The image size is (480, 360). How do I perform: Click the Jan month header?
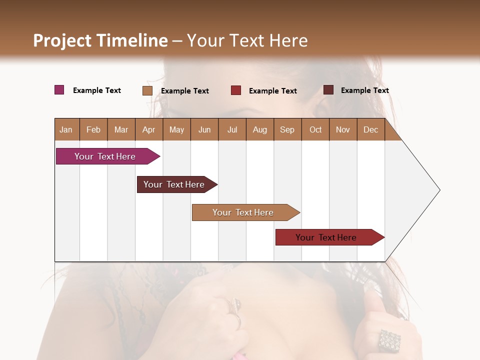point(66,129)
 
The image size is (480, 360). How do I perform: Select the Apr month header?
point(148,129)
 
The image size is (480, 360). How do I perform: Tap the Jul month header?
point(232,129)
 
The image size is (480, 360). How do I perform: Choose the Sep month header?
point(287,129)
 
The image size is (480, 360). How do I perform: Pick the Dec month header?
point(370,129)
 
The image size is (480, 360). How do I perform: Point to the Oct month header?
point(315,129)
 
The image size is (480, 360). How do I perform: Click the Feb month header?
point(93,129)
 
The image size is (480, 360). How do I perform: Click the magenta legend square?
point(59,90)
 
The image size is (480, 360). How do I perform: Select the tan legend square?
point(147,90)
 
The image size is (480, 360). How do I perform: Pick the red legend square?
point(236,90)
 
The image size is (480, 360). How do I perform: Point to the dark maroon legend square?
point(328,90)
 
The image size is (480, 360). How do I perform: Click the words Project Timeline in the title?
point(100,40)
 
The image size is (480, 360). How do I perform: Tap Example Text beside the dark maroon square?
point(364,90)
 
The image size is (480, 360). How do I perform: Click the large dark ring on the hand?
point(388,340)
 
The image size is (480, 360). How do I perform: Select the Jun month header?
point(204,129)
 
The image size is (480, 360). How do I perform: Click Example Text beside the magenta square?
point(97,90)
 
